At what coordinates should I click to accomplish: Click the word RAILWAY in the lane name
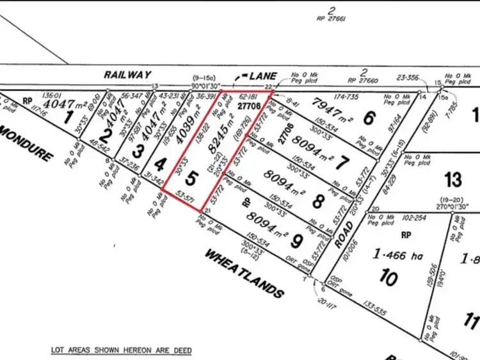point(128,74)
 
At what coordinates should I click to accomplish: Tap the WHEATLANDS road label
point(243,274)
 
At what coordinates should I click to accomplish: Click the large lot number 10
point(388,278)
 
